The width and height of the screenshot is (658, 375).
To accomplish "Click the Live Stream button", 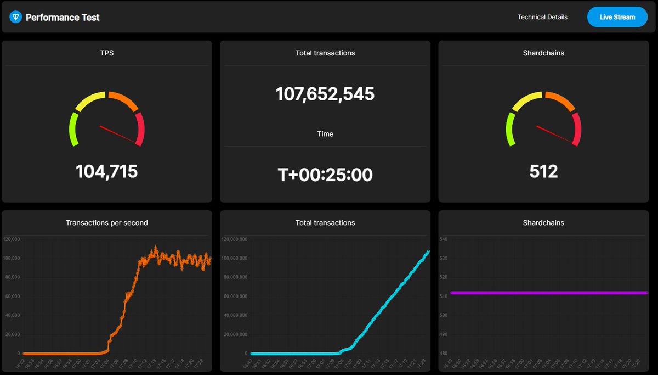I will tap(617, 17).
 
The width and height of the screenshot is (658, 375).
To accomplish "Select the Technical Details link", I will tap(542, 17).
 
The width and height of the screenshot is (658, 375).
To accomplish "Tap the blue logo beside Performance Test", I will tap(15, 17).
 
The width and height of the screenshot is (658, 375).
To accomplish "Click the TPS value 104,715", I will tap(106, 171).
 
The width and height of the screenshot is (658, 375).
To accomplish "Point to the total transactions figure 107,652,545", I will tap(325, 94).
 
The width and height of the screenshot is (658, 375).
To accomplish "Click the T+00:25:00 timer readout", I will tap(325, 175).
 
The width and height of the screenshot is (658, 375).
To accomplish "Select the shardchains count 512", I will tap(543, 171).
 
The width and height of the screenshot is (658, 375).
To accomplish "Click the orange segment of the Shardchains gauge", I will tap(559, 100).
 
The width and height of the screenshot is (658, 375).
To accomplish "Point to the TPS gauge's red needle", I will tap(117, 134).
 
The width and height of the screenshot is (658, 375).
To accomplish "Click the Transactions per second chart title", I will tap(106, 223).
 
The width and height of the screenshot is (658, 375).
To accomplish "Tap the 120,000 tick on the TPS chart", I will tap(12, 239).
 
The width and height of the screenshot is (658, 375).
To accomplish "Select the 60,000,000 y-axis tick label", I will tap(236, 296).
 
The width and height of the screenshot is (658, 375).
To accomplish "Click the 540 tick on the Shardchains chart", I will tap(444, 239).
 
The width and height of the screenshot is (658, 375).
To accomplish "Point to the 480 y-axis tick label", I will tap(444, 354).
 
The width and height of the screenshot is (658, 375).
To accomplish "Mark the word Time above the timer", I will tap(325, 134).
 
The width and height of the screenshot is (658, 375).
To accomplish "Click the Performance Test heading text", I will tap(63, 17).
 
